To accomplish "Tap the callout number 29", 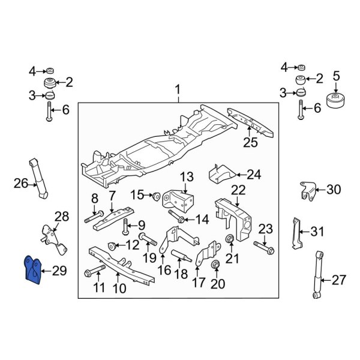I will point(59,272).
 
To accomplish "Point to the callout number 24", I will point(254,175).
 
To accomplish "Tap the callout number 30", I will point(332,190).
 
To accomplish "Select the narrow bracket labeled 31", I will point(295,233).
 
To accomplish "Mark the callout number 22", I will point(238,190).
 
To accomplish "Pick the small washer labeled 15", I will point(155,195).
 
